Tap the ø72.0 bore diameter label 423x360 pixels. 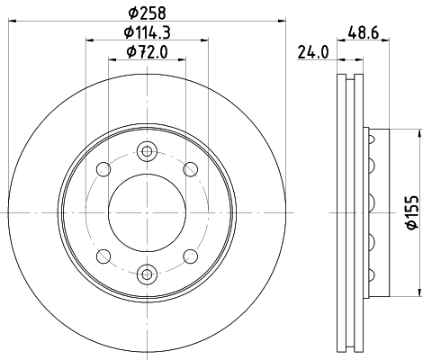[148, 53]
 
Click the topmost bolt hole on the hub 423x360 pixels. [148, 151]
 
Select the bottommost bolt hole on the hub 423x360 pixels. [148, 272]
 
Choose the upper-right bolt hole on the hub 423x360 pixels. [190, 168]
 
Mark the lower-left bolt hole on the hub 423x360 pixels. [105, 255]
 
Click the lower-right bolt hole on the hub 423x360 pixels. [190, 255]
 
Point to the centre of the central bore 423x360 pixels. [148, 211]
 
